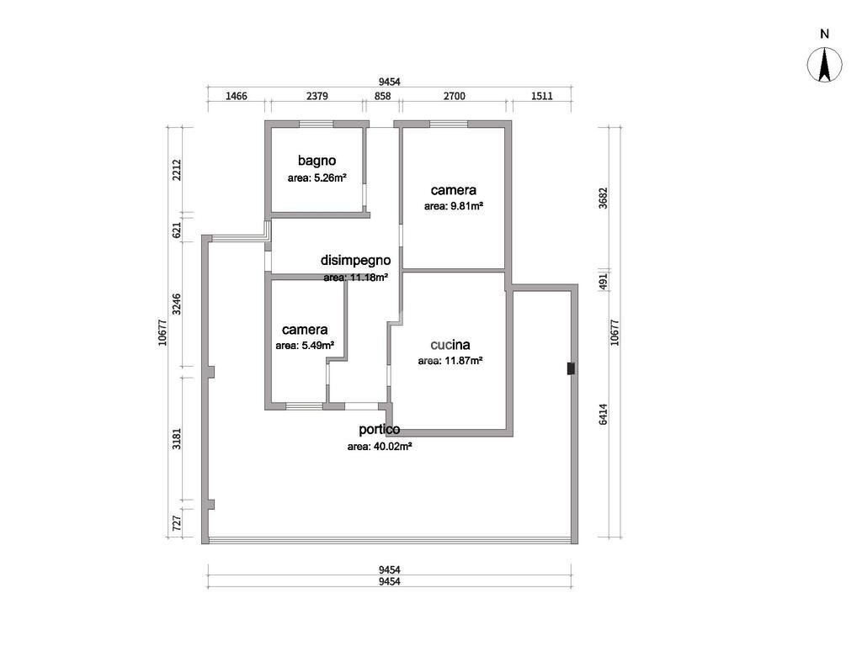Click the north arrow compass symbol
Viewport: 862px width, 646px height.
coord(824,65)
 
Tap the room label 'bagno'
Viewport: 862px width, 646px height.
coord(317,160)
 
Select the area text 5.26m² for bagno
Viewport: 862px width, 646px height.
coord(317,178)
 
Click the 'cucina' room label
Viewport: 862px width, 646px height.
coord(450,344)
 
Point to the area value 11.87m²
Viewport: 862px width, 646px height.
coord(450,361)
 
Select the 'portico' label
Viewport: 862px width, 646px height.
coord(379,429)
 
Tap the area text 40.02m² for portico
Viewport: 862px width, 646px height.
coord(379,447)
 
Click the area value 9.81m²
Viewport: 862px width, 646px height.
coord(453,205)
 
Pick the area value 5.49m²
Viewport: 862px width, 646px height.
coord(305,345)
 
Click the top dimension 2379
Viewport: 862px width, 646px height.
coord(317,96)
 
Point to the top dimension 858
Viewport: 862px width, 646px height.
coord(382,96)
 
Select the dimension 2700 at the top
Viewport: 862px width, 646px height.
coord(454,96)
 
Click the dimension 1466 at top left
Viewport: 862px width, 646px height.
coord(237,96)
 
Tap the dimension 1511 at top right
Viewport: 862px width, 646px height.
coord(541,96)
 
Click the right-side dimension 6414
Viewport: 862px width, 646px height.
coord(604,414)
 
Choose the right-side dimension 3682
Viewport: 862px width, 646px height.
coord(604,198)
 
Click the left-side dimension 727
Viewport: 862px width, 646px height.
coord(177,522)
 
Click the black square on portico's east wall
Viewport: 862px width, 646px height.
coord(571,368)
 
